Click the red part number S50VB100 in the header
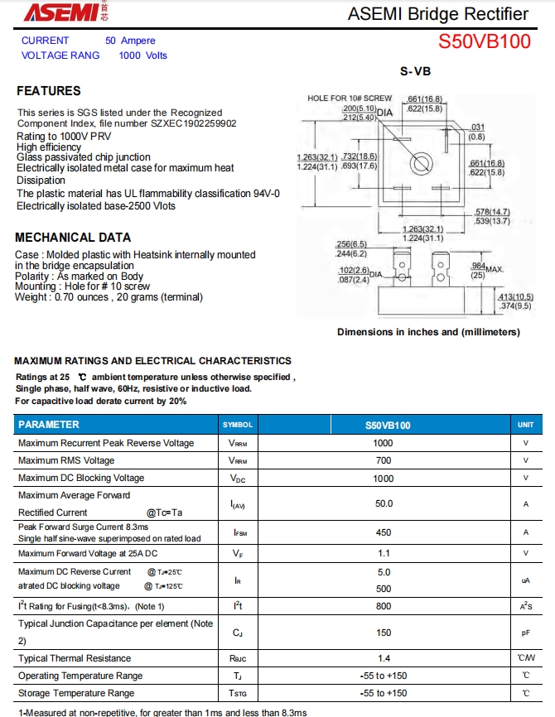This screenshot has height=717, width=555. coord(485,41)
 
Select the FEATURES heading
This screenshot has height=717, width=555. coord(49,91)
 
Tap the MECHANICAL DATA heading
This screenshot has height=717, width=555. coord(73,238)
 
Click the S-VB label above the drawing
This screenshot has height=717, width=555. coord(416,72)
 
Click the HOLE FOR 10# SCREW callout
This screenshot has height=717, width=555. coord(350,99)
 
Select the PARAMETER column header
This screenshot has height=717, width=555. coord(49,425)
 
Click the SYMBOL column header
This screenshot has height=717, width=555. coord(238,425)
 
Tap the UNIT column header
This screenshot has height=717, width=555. coord(525,425)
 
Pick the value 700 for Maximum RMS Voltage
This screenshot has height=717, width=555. coord(384,460)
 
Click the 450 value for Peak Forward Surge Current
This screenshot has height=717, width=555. coord(384,532)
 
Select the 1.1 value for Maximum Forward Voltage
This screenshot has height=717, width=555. coord(384,553)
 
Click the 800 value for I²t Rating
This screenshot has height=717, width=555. coord(384,606)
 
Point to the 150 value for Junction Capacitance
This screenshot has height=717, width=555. coord(384,633)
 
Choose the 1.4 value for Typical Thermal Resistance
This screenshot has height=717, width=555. coord(384,658)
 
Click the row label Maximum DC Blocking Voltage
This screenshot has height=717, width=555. coord(81,478)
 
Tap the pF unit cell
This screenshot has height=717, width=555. coord(525,633)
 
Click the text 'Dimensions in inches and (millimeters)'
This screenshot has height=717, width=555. coord(428,332)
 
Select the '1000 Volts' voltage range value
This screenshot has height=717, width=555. coord(142,55)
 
